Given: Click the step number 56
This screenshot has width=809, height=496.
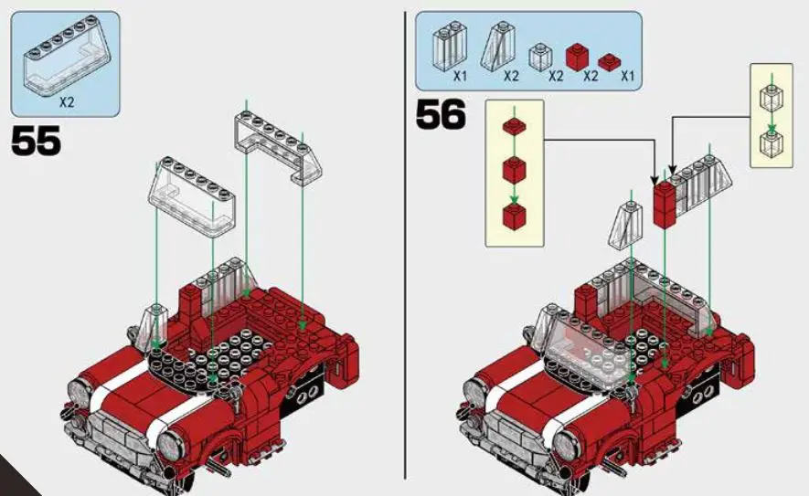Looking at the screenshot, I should (x=441, y=115).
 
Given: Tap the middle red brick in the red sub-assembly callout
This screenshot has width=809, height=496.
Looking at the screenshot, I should (x=514, y=170).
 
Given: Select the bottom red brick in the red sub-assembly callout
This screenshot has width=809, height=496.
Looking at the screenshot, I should (x=514, y=216).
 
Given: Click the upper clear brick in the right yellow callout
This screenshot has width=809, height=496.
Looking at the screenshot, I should (x=771, y=96).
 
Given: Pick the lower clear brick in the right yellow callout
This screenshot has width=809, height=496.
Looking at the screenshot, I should (x=771, y=141).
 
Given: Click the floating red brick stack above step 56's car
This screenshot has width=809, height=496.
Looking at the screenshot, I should (x=665, y=202).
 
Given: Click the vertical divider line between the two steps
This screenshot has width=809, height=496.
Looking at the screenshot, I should (x=404, y=247).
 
